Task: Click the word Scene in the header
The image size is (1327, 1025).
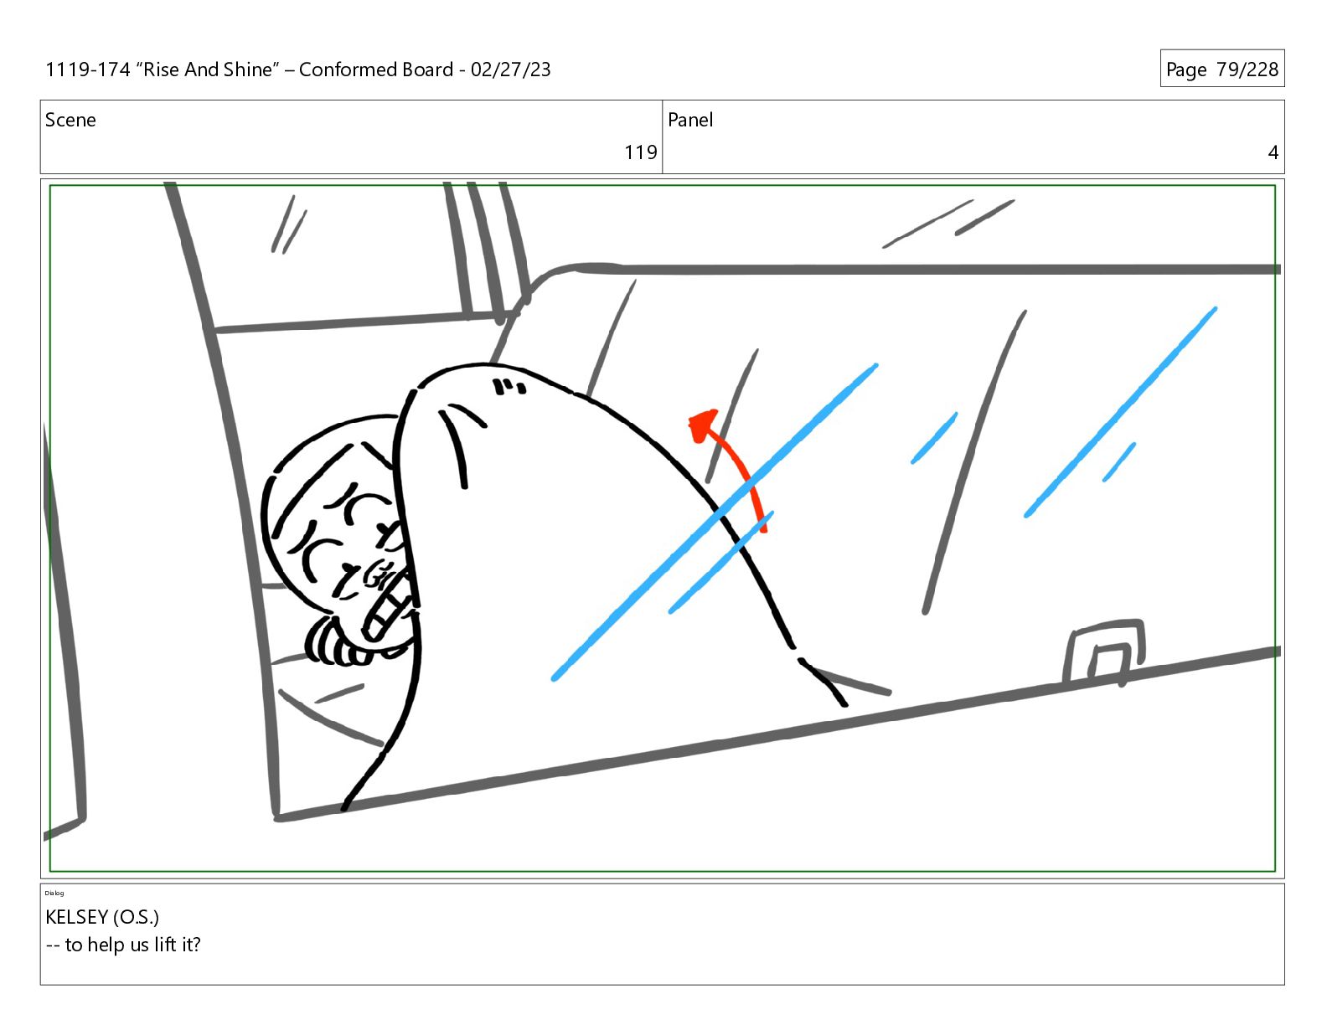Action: [70, 120]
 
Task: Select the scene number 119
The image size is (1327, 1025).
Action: [640, 152]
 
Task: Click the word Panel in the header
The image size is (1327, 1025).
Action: [690, 120]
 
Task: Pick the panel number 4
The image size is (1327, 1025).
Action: [1273, 152]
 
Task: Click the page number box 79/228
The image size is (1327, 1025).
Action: [1222, 69]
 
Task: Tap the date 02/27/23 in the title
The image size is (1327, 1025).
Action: [510, 70]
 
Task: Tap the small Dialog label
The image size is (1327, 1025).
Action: [54, 894]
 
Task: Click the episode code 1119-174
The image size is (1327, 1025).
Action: [88, 70]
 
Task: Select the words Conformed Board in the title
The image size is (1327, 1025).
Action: [376, 70]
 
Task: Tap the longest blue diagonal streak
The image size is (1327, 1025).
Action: [715, 522]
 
